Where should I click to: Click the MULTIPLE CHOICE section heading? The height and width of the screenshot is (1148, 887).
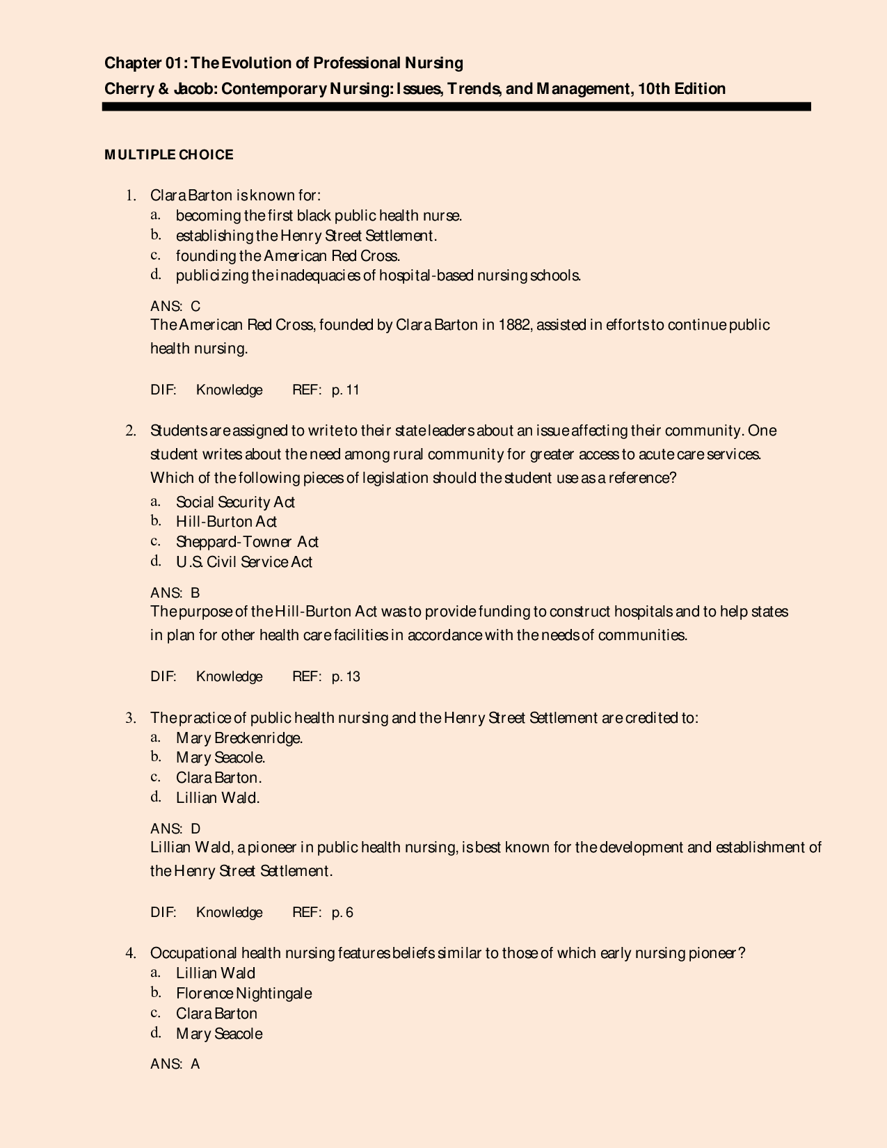[x=169, y=154]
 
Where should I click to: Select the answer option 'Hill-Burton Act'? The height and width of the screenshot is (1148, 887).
[x=226, y=522]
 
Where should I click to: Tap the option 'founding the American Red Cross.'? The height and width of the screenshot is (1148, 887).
[x=287, y=255]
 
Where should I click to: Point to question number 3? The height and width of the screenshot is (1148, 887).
[x=129, y=717]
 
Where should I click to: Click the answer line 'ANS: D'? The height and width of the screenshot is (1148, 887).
[x=175, y=829]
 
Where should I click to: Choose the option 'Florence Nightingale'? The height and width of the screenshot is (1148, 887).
[x=243, y=993]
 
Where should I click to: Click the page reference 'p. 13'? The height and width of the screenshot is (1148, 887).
[x=346, y=677]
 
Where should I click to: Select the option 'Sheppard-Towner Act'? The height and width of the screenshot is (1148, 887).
[x=247, y=541]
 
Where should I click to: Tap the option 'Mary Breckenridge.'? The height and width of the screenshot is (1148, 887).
[x=239, y=738]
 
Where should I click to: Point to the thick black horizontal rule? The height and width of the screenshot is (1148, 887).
[x=456, y=106]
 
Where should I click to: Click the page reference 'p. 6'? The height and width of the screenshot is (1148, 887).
[x=342, y=912]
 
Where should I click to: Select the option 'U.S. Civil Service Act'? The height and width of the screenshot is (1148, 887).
[x=244, y=561]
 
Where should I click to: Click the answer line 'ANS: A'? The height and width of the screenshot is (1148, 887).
[x=175, y=1064]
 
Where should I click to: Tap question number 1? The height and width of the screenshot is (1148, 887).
[x=129, y=196]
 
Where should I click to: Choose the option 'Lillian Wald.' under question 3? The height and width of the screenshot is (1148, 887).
[x=218, y=798]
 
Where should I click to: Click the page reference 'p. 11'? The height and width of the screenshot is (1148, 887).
[x=346, y=390]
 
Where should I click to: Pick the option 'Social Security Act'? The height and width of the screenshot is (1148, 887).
[x=235, y=502]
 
